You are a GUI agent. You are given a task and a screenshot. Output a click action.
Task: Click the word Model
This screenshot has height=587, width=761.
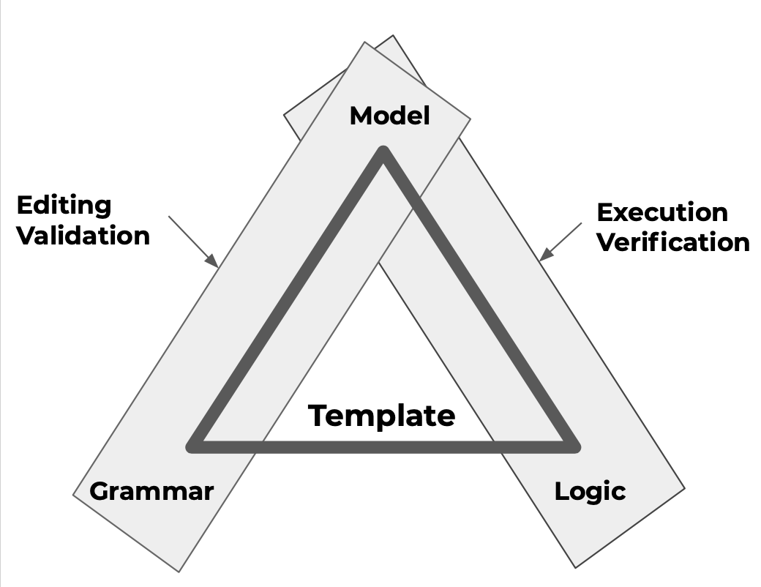(389, 116)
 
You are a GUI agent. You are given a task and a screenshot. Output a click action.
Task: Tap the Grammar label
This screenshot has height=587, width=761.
(151, 490)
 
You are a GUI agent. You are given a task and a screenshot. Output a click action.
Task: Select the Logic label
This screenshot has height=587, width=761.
(590, 491)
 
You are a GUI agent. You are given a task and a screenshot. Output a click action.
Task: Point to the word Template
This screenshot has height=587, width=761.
(381, 416)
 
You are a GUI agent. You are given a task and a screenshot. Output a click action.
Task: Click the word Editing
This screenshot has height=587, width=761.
(64, 206)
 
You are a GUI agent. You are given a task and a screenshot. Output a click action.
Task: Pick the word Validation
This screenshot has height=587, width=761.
(83, 236)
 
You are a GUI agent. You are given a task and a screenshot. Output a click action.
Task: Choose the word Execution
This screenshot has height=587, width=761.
(662, 212)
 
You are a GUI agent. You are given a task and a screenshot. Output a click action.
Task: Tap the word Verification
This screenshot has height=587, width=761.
(673, 242)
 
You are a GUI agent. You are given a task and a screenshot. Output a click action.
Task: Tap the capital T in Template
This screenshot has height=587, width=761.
(318, 416)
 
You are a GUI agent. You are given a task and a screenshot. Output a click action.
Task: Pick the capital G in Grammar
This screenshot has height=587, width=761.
(99, 490)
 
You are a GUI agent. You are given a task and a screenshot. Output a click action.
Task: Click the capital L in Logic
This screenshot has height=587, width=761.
(561, 490)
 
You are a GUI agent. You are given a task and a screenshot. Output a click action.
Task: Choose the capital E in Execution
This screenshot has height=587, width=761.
(604, 212)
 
